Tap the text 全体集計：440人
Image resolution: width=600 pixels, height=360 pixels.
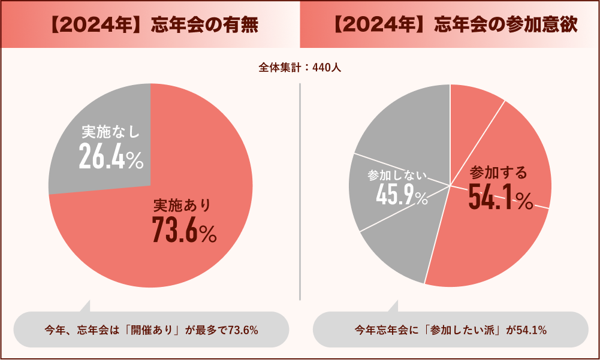click(300, 68)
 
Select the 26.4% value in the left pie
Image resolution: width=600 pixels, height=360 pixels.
click(111, 158)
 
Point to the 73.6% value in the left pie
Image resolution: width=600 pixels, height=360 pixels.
click(183, 229)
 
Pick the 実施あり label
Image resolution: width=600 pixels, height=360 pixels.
click(182, 206)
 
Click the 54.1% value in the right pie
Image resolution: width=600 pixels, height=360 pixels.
click(500, 198)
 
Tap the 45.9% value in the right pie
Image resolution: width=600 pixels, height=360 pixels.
click(402, 196)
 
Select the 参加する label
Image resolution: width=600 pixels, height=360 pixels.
click(499, 174)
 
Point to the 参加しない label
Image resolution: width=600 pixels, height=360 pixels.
click(397, 176)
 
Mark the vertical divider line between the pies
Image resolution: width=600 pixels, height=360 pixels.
click(300, 192)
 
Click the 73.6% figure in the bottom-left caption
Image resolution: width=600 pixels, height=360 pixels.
click(243, 329)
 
